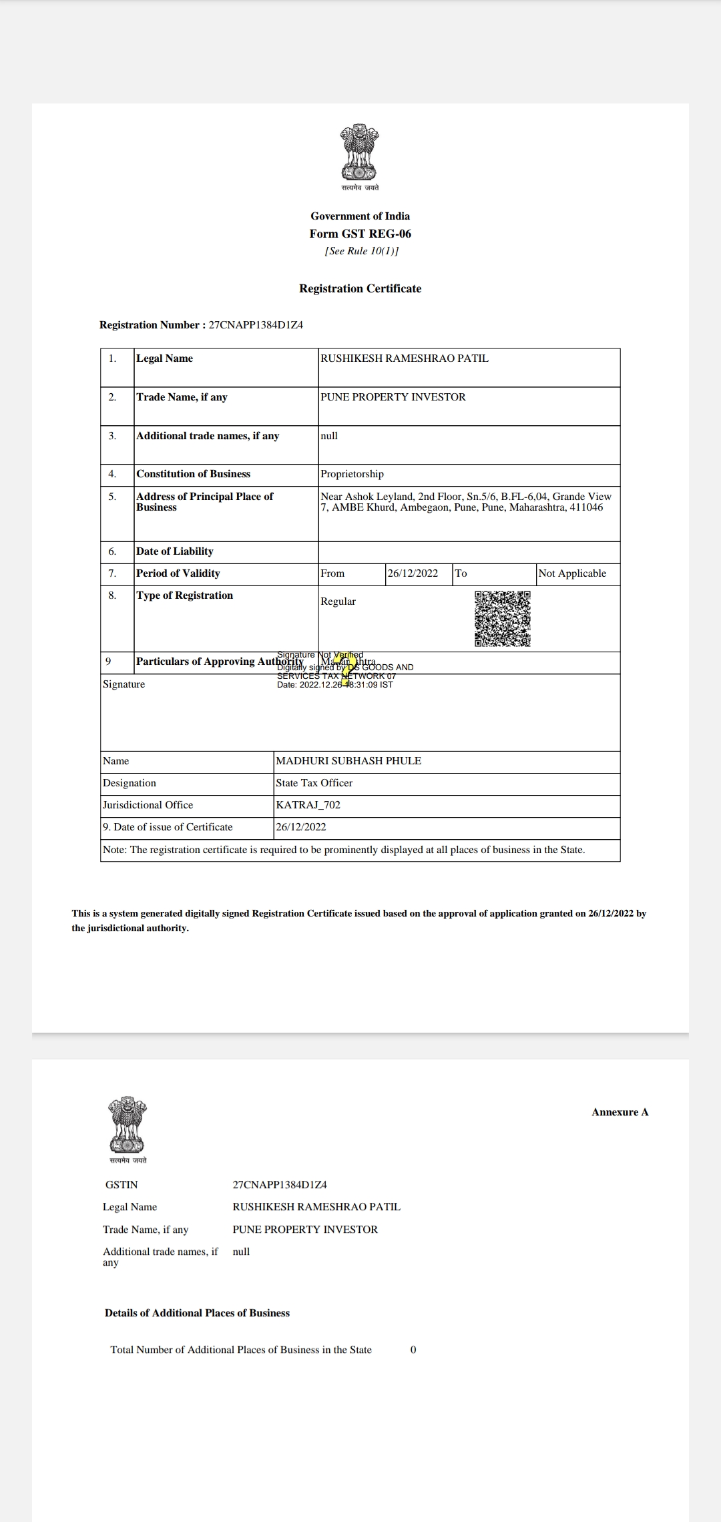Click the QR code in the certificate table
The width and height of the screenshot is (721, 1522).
[x=503, y=618]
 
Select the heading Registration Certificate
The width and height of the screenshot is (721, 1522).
[x=360, y=288]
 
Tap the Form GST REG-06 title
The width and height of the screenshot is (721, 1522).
[x=360, y=234]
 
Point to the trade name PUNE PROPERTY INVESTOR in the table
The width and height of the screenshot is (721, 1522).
[x=393, y=397]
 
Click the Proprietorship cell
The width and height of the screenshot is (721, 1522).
[x=352, y=474]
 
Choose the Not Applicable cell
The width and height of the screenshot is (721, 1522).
[x=572, y=573]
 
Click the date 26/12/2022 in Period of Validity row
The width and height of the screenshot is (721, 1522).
[x=413, y=573]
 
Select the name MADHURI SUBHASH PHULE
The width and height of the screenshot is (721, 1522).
[x=348, y=761]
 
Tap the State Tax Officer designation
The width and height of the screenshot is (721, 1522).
[x=314, y=783]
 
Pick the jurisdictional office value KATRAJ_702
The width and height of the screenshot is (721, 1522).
[x=308, y=805]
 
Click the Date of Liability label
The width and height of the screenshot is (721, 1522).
[x=175, y=551]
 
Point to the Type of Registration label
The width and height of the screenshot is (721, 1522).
[x=184, y=595]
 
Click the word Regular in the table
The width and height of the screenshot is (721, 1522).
[x=338, y=601]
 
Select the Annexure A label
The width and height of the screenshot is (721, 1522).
[x=620, y=1112]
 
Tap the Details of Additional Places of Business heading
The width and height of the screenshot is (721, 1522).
[x=197, y=1313]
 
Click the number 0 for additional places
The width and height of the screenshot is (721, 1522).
[x=413, y=1350]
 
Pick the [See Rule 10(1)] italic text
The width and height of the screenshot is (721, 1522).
[x=361, y=251]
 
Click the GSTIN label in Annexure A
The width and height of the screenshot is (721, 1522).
[x=122, y=1185]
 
